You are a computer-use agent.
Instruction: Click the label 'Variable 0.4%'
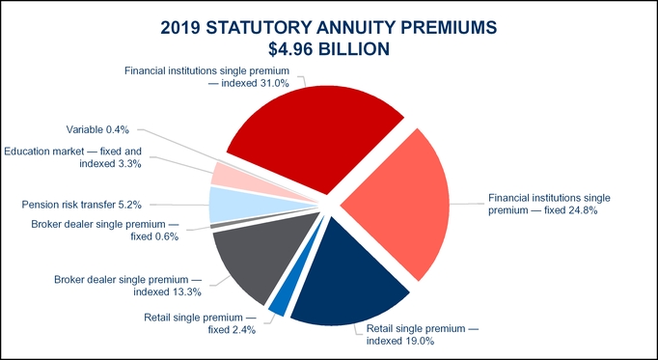[104, 129]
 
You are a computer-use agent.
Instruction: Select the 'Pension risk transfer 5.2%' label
[83, 205]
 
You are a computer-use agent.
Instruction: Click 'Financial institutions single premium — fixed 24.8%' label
[548, 204]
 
